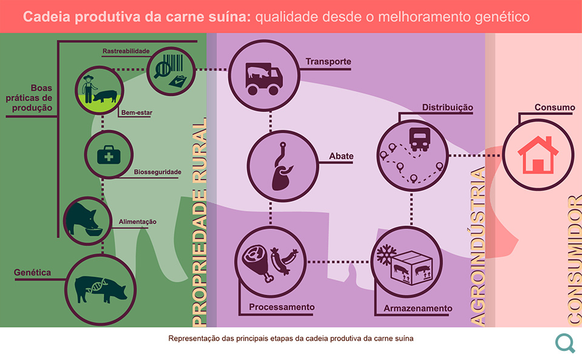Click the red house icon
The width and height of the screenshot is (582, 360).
click(x=538, y=155)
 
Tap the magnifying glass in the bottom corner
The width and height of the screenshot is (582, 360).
click(x=565, y=343)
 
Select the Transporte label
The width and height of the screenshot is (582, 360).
click(x=328, y=62)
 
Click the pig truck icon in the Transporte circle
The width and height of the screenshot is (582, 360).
click(x=264, y=79)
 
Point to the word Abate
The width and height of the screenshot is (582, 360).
click(x=341, y=156)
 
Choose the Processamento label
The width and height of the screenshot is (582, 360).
click(x=282, y=307)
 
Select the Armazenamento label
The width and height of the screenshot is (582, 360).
click(x=418, y=308)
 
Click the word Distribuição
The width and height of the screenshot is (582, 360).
click(x=447, y=108)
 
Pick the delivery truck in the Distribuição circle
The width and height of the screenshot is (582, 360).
click(x=419, y=139)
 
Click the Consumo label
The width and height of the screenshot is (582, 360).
click(x=555, y=107)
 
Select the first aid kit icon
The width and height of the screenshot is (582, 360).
click(x=109, y=155)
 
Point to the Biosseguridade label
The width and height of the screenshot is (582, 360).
click(x=158, y=172)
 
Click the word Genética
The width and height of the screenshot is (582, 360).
click(x=32, y=272)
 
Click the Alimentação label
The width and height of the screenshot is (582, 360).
click(x=138, y=222)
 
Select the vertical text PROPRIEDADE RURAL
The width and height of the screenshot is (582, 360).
click(x=199, y=222)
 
